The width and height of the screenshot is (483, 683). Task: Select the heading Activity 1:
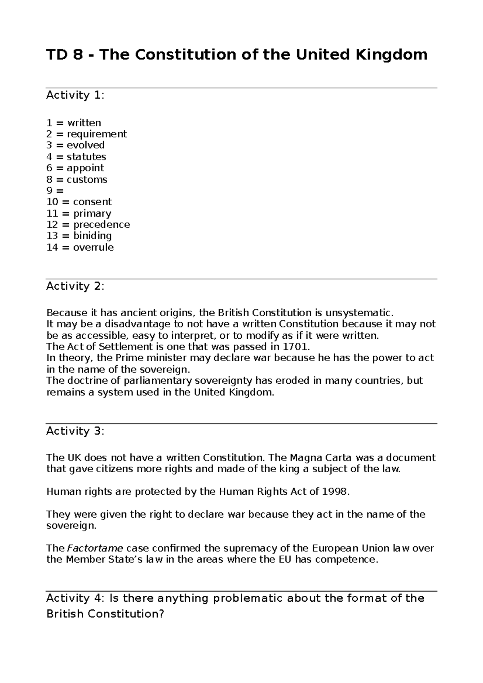(75, 95)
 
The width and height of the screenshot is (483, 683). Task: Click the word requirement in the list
(97, 134)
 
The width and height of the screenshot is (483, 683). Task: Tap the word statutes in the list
(86, 156)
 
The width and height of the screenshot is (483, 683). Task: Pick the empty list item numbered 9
(55, 191)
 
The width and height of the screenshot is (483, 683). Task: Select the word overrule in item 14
(93, 247)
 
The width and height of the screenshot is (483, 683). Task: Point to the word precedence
(101, 224)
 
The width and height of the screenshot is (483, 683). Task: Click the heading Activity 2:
(75, 286)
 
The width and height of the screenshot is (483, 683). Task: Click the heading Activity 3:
(75, 431)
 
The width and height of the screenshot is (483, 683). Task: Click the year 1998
(332, 492)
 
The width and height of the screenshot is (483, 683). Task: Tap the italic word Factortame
(95, 548)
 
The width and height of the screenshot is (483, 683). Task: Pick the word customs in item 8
(87, 179)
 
